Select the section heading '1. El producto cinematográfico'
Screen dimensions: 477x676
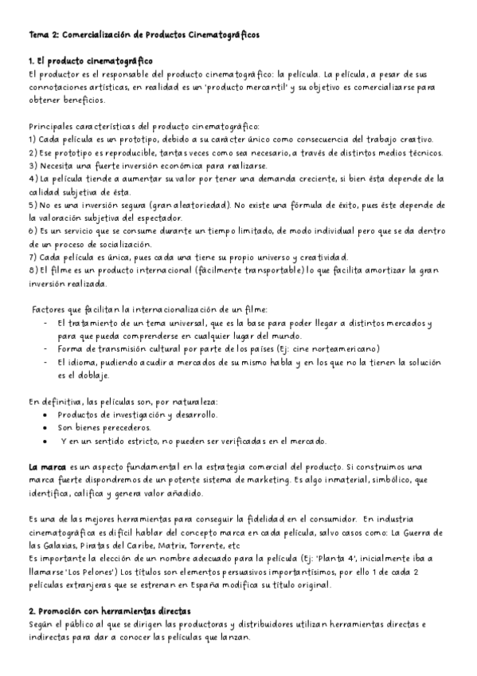click(x=90, y=61)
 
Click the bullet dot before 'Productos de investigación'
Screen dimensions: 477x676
click(x=51, y=415)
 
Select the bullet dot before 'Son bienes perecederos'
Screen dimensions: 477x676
click(x=51, y=428)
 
